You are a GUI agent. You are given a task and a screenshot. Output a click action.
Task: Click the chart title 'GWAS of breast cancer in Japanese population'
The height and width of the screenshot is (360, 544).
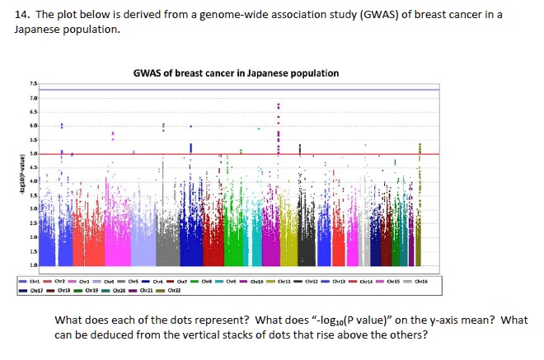[x=237, y=73]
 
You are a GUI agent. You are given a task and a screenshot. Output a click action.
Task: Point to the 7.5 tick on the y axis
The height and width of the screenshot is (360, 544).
[x=32, y=84]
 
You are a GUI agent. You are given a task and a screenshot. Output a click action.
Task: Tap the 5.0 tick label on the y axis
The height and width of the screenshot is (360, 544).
[x=32, y=154]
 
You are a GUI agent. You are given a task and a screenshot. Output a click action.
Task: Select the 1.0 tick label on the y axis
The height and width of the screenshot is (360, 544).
[x=32, y=265]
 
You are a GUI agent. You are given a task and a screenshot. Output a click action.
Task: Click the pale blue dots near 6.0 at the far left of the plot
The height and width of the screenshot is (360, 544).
[x=62, y=126]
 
